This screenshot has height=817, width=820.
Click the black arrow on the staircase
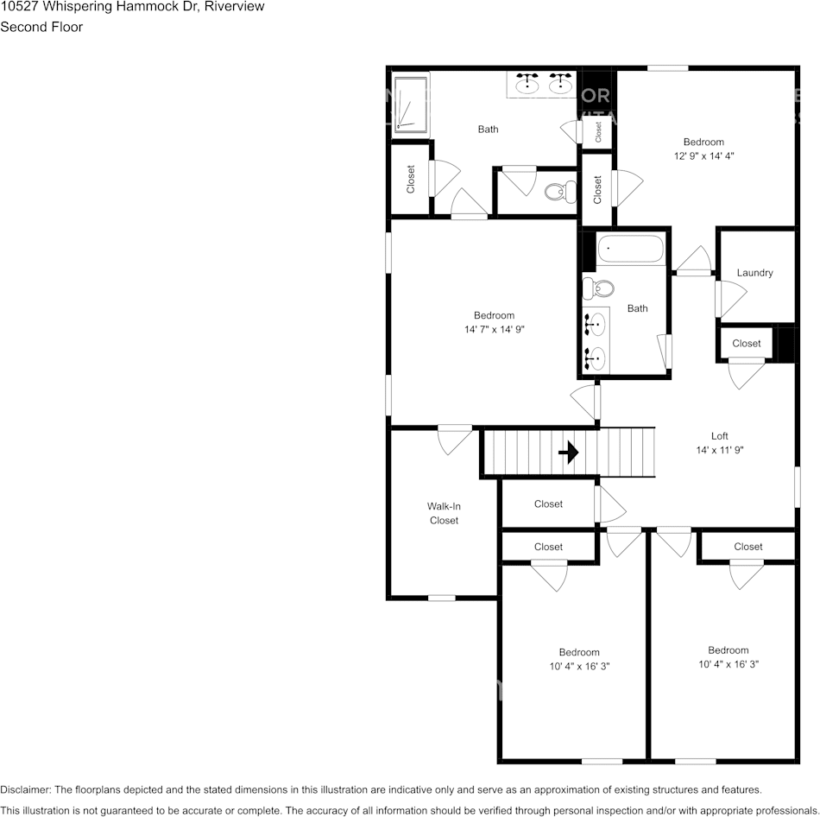(569, 453)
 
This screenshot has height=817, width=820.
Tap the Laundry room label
(754, 273)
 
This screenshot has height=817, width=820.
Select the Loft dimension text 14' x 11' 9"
(719, 450)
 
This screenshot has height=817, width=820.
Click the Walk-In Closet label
(444, 513)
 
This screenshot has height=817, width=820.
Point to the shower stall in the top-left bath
(411, 104)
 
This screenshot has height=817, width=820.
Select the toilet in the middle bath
(597, 288)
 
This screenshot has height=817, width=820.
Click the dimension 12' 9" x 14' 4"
(703, 156)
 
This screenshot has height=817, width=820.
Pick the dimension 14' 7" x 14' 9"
(494, 329)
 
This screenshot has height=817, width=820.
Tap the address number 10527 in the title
(18, 7)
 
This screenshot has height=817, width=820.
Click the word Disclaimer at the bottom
(25, 789)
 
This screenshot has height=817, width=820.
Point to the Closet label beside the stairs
(548, 504)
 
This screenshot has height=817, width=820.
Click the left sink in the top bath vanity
(527, 84)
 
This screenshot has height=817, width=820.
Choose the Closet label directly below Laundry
(747, 344)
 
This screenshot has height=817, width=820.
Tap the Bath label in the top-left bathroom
(488, 130)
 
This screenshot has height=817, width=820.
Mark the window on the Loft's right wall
(797, 481)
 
